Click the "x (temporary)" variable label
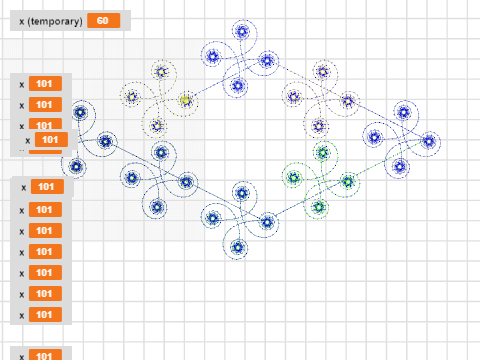pyautogui.click(x=50, y=21)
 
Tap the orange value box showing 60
pyautogui.click(x=101, y=21)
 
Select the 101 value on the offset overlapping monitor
pyautogui.click(x=49, y=141)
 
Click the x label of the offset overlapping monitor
pyautogui.click(x=27, y=141)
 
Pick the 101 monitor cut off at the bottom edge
pyautogui.click(x=44, y=355)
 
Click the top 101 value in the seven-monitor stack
pyautogui.click(x=46, y=187)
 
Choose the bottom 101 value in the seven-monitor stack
pyautogui.click(x=46, y=315)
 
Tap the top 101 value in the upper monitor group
pyautogui.click(x=44, y=84)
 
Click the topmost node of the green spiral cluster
pyautogui.click(x=321, y=152)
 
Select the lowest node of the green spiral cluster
pyautogui.click(x=319, y=207)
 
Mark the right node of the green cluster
pyautogui.click(x=347, y=181)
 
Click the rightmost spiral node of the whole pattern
pyautogui.click(x=430, y=141)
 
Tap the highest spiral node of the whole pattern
pyautogui.click(x=241, y=31)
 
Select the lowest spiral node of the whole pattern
pyautogui.click(x=237, y=246)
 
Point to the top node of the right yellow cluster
pyautogui.click(x=321, y=71)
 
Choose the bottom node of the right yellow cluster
pyautogui.click(x=318, y=126)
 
